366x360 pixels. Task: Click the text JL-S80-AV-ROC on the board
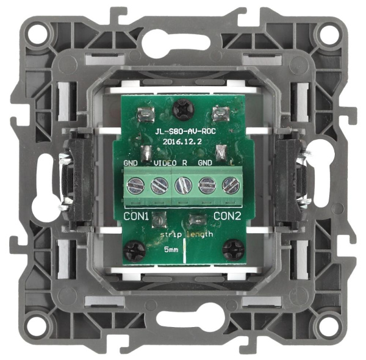[x=182, y=131]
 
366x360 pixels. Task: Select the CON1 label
[x=137, y=216]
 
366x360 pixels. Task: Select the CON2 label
[x=227, y=216]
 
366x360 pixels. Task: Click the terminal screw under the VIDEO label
[x=159, y=185]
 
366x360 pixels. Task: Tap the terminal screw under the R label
[x=182, y=185]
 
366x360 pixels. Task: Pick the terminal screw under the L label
[x=230, y=185]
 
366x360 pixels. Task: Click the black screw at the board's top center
[x=181, y=110]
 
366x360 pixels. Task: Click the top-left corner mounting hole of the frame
[x=38, y=31]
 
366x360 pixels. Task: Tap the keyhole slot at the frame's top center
[x=183, y=44]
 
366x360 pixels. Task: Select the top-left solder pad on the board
[x=146, y=113]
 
